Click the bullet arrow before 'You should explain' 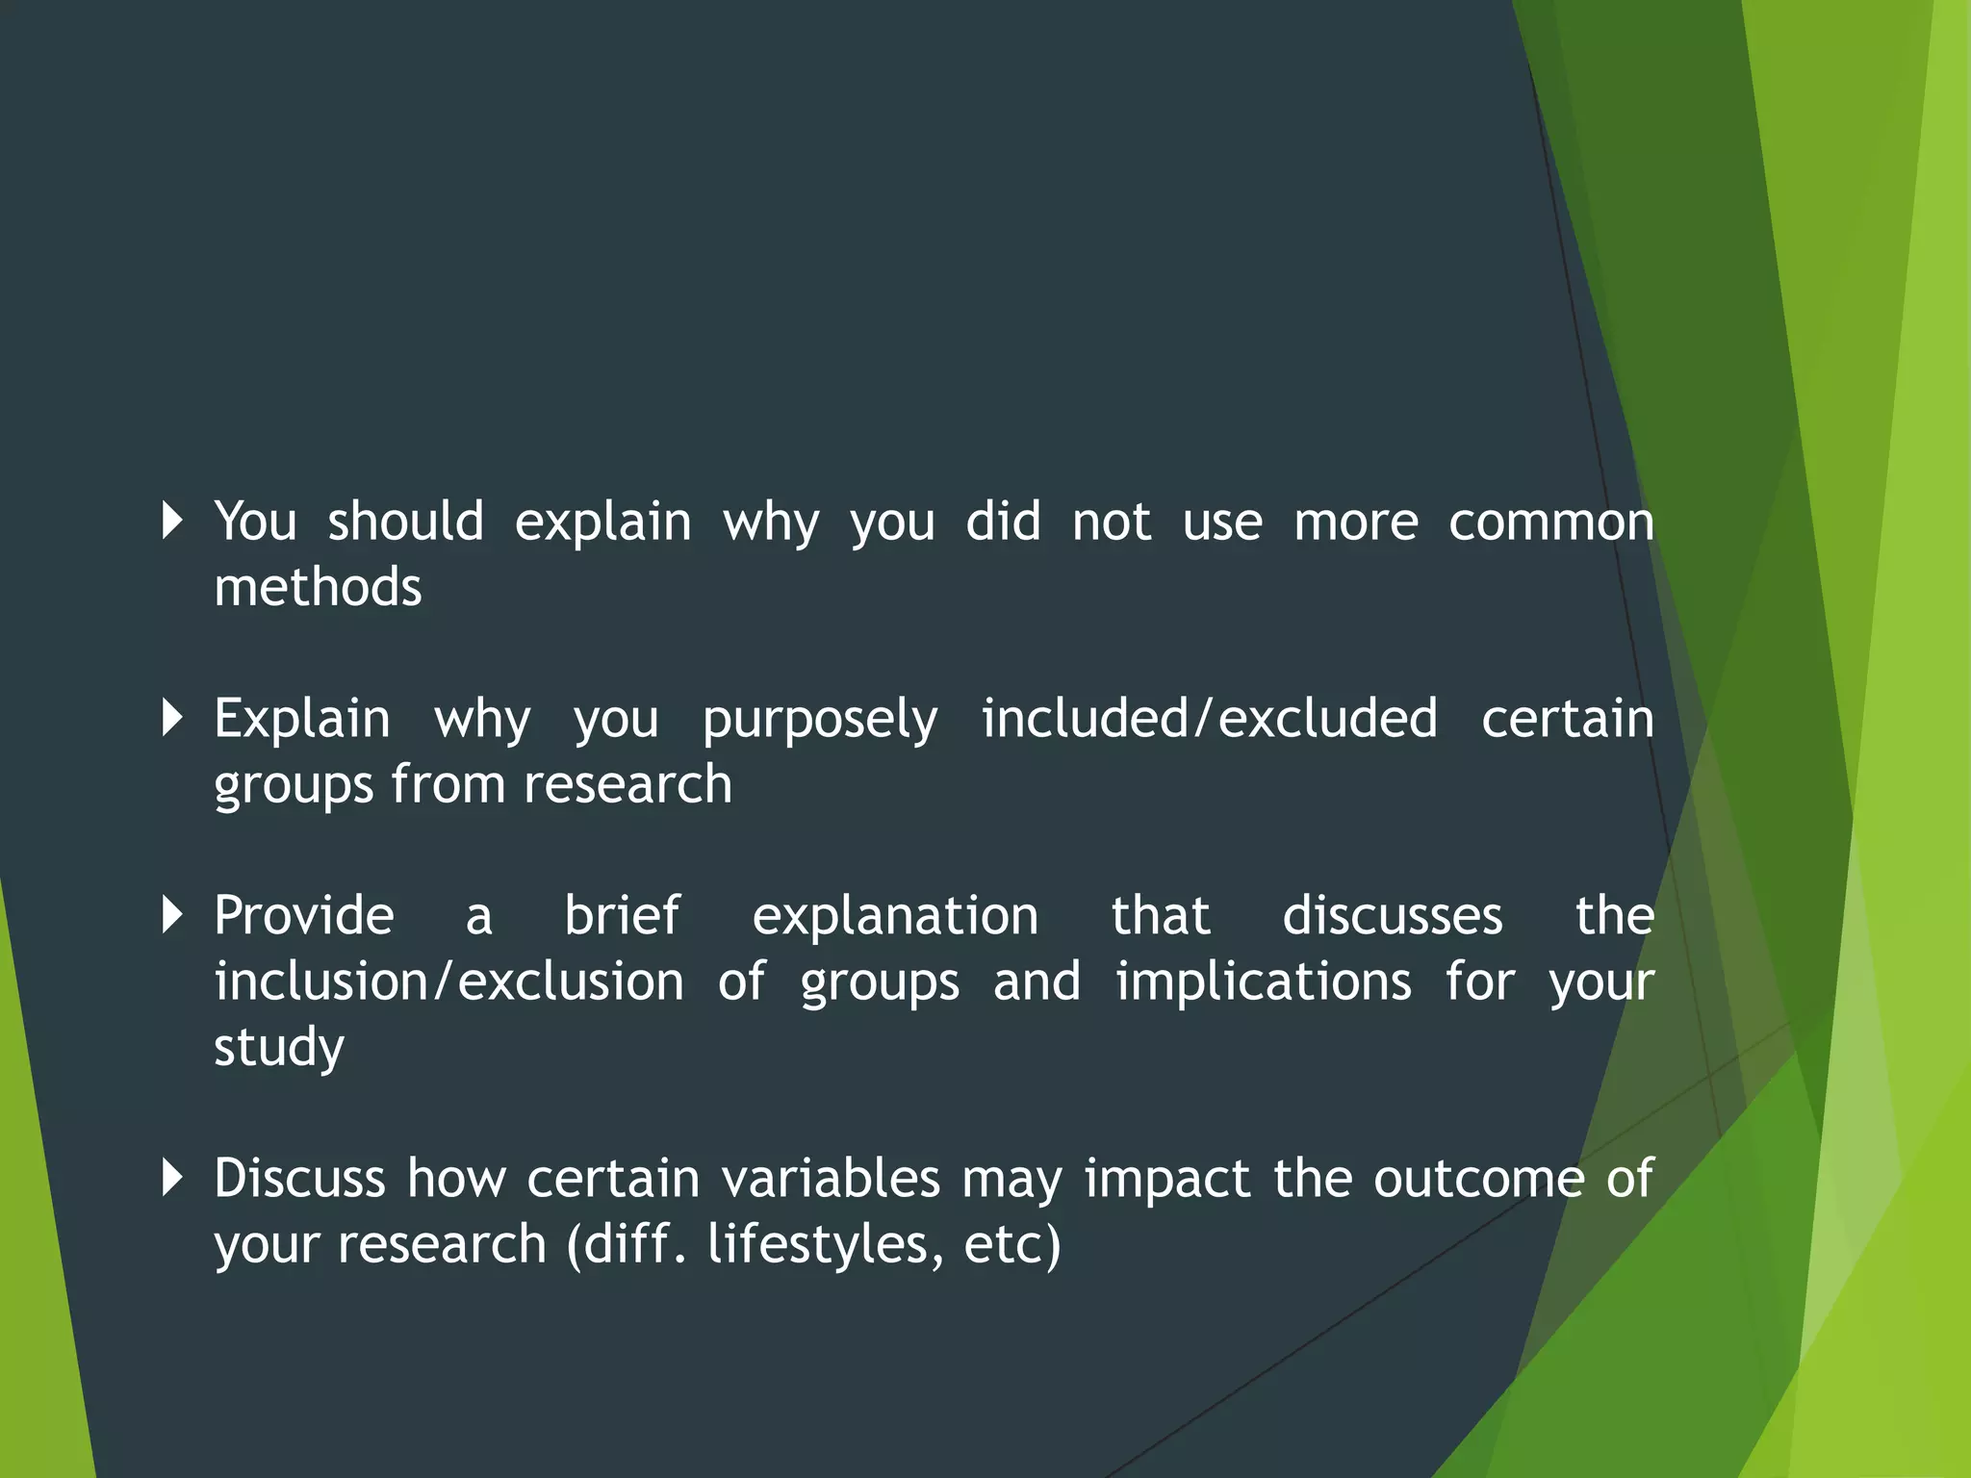coord(173,521)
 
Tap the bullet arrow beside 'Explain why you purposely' coord(173,718)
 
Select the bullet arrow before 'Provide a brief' coord(173,914)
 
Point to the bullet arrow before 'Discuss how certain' coord(173,1177)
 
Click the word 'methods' coord(318,587)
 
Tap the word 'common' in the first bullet coord(1550,522)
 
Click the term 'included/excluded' coord(1209,719)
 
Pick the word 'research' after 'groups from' coord(627,784)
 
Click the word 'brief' coord(622,915)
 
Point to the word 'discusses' coord(1392,915)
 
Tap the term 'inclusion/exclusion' coord(448,981)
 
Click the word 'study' coord(278,1049)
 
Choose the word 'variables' coord(830,1178)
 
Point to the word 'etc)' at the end coord(1012,1244)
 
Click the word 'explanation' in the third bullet coord(895,917)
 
